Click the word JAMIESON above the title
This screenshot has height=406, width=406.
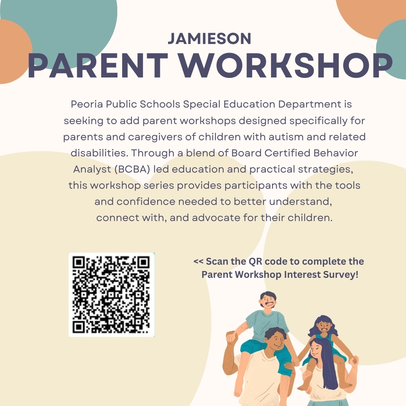209,39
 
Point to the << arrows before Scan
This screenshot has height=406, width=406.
199,261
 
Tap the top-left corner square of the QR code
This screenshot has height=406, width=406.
79,263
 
